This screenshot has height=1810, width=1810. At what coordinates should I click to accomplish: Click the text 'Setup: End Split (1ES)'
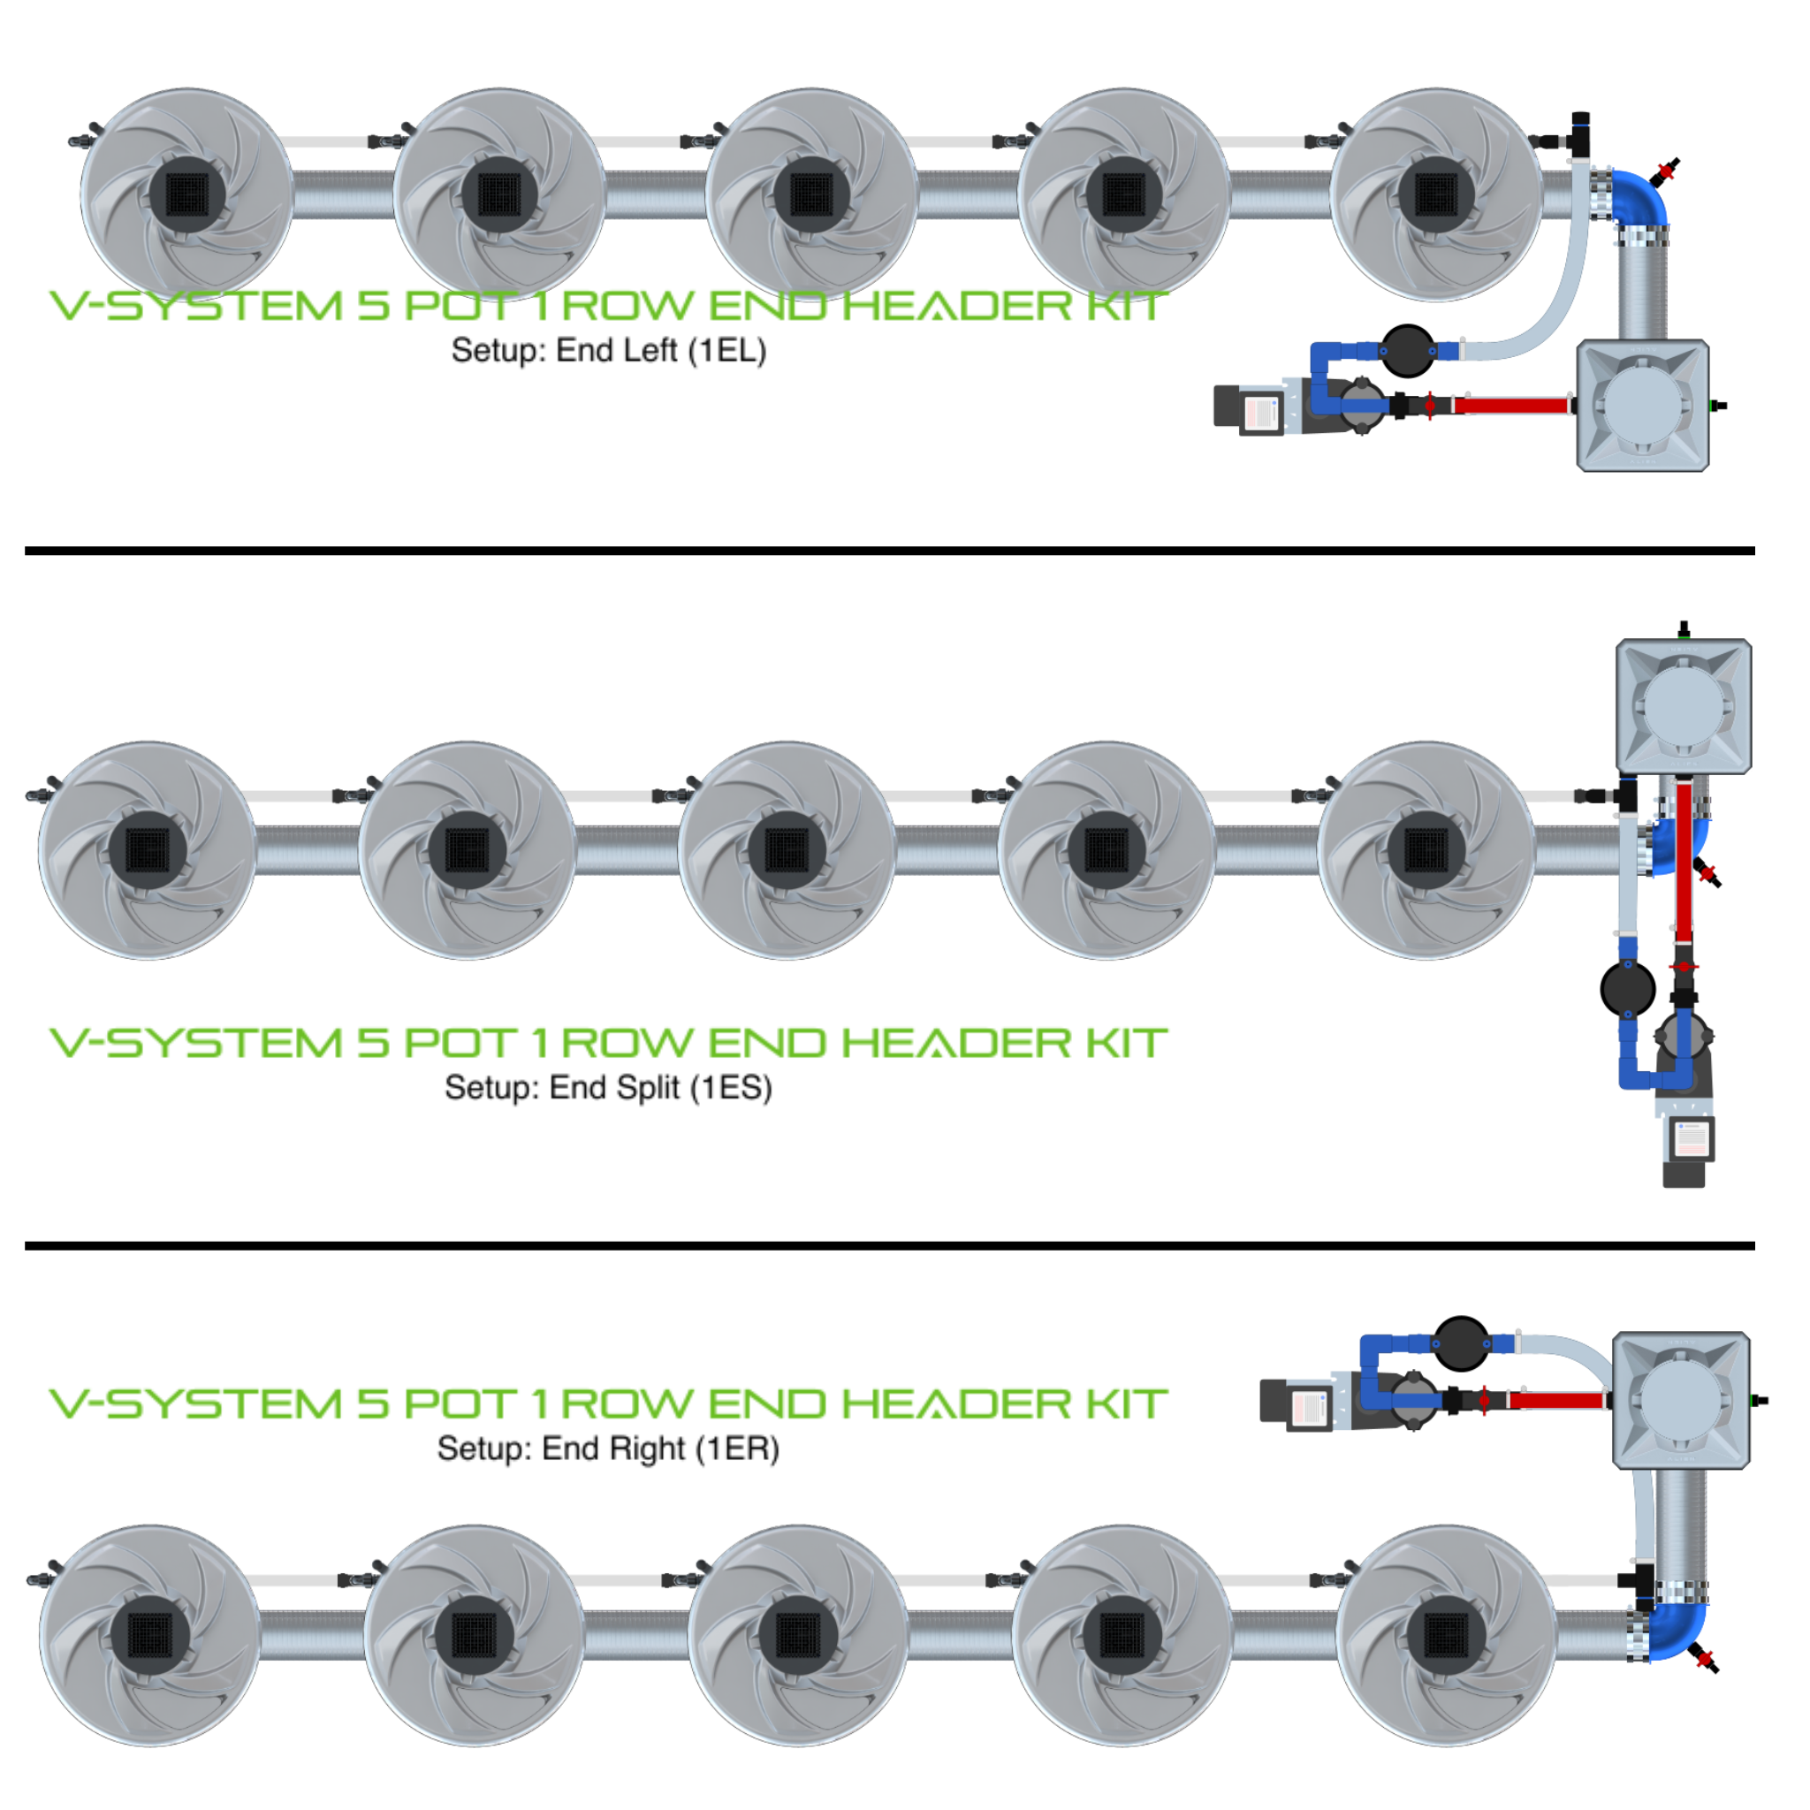click(x=608, y=1088)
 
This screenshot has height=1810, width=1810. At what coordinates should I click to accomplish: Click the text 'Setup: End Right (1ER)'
click(x=608, y=1449)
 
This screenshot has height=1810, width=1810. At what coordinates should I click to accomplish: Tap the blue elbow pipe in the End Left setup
click(x=1642, y=196)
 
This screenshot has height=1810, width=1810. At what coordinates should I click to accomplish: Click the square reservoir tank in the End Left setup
click(x=1642, y=406)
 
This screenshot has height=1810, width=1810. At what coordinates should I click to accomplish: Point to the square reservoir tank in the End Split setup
click(x=1684, y=705)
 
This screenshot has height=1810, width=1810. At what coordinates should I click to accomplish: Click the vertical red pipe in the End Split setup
click(x=1684, y=862)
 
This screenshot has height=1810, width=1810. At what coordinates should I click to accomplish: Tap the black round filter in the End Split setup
click(x=1628, y=989)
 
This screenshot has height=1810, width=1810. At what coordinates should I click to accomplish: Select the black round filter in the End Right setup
click(x=1461, y=1343)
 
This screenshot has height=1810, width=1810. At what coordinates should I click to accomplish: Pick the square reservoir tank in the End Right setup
click(x=1681, y=1401)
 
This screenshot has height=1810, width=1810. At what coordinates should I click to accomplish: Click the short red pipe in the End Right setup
click(x=1556, y=1402)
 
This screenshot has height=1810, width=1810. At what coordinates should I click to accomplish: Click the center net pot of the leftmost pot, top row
click(x=187, y=194)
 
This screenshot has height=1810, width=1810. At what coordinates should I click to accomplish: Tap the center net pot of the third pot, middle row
click(x=787, y=849)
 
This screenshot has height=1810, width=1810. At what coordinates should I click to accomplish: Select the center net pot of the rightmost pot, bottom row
click(x=1446, y=1636)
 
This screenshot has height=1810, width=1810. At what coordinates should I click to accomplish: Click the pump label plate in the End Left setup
click(x=1261, y=412)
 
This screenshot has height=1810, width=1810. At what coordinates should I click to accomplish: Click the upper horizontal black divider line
click(x=890, y=551)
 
